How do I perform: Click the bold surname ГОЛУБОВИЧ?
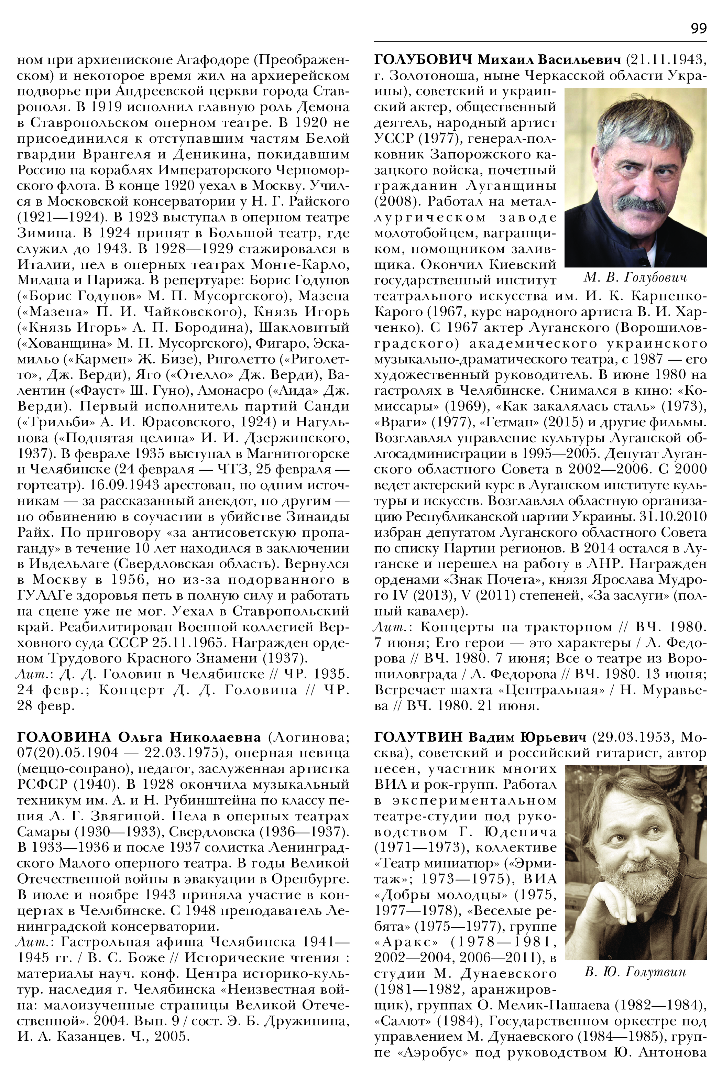point(423,59)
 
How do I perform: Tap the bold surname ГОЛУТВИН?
point(418,737)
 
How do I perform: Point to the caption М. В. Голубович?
point(635,278)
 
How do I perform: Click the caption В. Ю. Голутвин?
point(635,972)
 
